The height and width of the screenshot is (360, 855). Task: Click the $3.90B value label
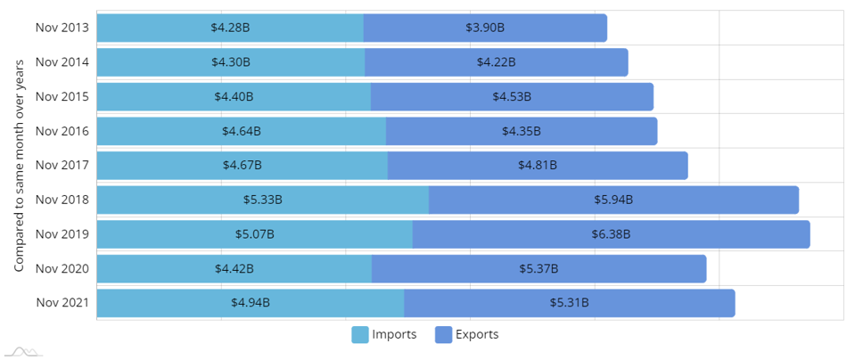pyautogui.click(x=485, y=28)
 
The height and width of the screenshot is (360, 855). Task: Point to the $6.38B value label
pyautogui.click(x=612, y=234)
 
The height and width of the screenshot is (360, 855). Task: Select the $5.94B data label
pyautogui.click(x=613, y=200)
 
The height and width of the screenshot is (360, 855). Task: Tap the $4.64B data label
pyautogui.click(x=242, y=131)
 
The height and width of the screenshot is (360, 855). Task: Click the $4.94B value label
pyautogui.click(x=251, y=303)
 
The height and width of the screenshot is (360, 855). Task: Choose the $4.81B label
pyautogui.click(x=538, y=165)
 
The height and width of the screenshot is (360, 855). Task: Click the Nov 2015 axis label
pyautogui.click(x=62, y=96)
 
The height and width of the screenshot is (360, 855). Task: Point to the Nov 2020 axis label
pyautogui.click(x=62, y=268)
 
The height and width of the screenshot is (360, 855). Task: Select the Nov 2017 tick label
pyautogui.click(x=62, y=165)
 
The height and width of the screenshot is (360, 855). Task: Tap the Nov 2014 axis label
pyautogui.click(x=62, y=61)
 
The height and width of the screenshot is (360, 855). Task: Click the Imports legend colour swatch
pyautogui.click(x=360, y=335)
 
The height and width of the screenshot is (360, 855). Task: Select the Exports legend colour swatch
pyautogui.click(x=443, y=335)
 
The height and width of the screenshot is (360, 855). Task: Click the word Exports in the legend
pyautogui.click(x=477, y=335)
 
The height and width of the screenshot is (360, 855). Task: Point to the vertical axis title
pyautogui.click(x=19, y=165)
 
